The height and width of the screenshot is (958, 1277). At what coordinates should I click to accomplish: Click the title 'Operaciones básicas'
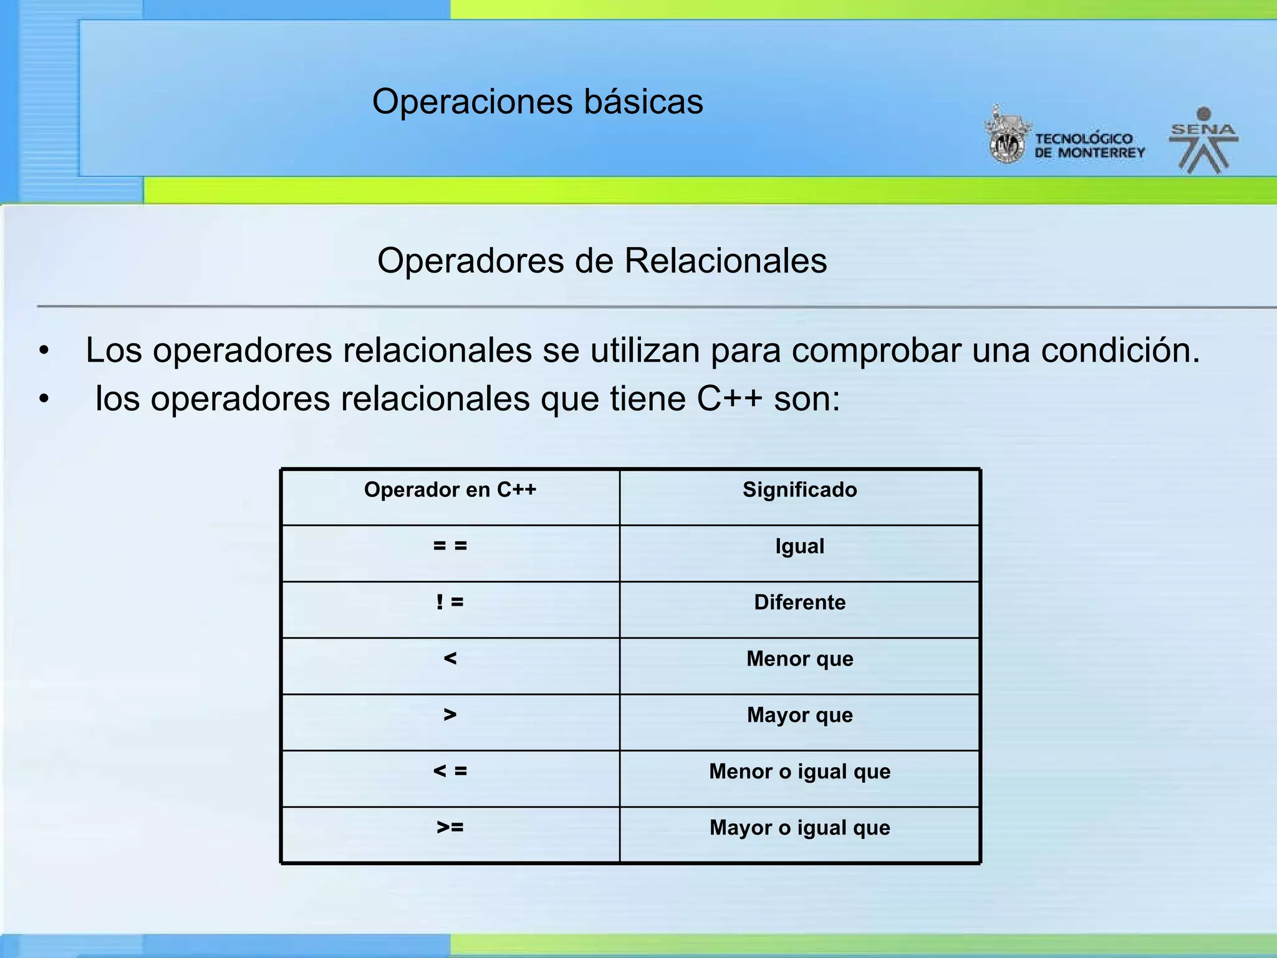537,102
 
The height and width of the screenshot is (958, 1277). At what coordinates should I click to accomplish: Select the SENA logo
1203,141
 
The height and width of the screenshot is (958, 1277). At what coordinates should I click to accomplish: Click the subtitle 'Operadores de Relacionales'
602,261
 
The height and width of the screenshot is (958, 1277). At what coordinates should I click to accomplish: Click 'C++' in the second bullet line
729,399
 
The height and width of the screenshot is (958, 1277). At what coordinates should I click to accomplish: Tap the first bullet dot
43,351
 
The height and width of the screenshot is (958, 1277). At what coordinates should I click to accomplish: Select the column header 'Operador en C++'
450,490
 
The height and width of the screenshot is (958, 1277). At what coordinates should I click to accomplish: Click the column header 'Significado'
799,490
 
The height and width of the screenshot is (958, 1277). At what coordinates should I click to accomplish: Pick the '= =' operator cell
450,546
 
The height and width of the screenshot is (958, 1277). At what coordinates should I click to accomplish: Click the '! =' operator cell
450,602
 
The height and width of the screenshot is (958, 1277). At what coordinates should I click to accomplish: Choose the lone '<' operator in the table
450,659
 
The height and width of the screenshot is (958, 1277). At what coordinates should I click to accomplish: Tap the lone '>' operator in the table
450,715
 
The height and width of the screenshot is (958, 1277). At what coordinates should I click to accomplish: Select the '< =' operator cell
450,772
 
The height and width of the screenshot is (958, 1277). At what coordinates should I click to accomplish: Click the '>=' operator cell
450,828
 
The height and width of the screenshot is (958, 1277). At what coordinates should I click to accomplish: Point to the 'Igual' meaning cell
799,546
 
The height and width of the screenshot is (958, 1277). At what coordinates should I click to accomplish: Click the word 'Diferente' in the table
799,602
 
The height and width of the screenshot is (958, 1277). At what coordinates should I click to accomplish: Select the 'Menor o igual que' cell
799,772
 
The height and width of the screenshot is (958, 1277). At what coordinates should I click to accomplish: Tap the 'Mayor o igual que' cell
799,828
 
